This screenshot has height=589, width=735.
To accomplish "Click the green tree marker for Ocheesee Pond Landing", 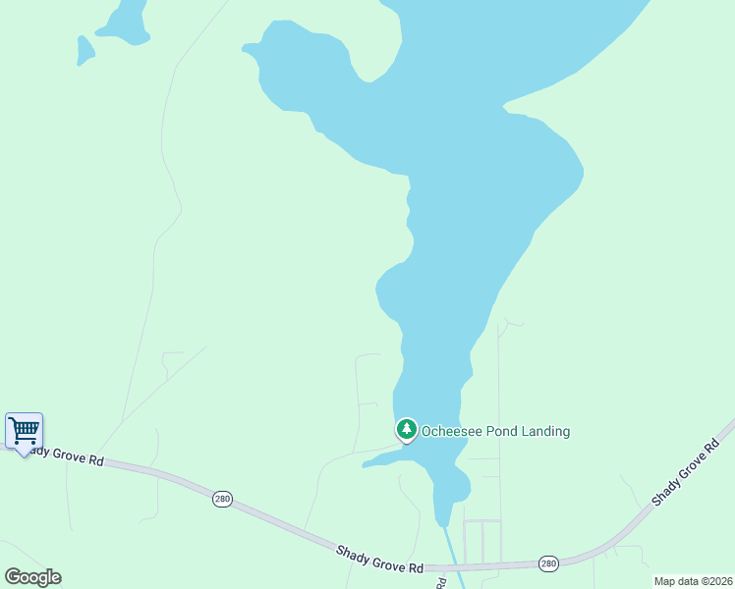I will click(407, 429).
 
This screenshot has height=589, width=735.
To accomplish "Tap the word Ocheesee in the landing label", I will click(449, 431).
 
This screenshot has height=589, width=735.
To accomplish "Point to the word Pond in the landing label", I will click(498, 431).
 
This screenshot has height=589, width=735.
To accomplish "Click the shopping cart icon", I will click(24, 429).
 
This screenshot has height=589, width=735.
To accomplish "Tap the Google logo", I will click(32, 577).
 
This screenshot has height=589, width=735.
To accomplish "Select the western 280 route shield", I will click(223, 499).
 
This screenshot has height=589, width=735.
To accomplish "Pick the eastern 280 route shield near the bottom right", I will click(548, 563).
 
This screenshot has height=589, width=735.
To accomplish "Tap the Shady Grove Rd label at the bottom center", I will click(379, 562).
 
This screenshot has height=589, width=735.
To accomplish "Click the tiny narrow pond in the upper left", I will click(85, 49).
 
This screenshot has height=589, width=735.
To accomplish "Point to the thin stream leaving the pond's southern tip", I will click(450, 550).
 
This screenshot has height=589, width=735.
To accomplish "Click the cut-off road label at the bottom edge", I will click(440, 582).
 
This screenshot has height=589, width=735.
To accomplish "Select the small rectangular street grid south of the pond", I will click(481, 539).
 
